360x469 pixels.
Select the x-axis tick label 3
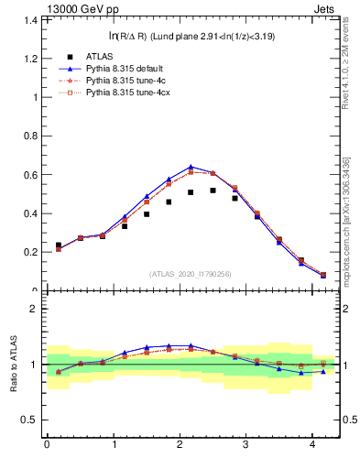pos(246,446)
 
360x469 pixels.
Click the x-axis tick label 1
pos(113,446)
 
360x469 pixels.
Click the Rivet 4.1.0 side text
pos(349,82)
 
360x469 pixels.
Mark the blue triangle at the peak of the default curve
pos(191,167)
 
